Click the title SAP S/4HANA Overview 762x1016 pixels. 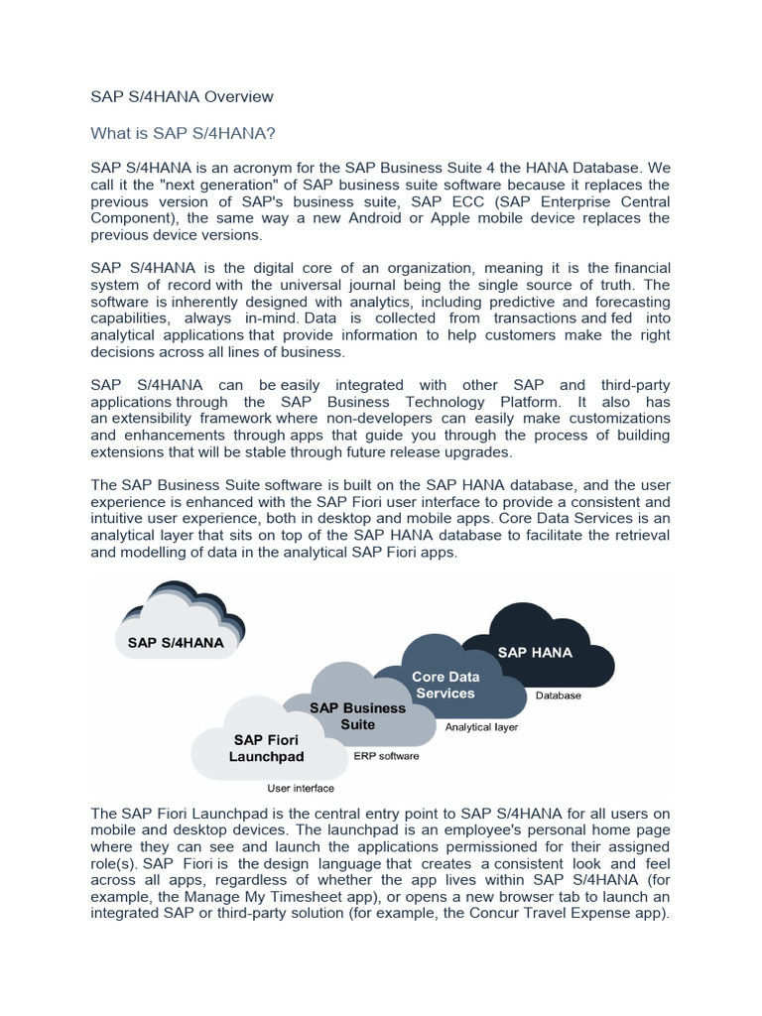pos(182,96)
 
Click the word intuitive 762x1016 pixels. pos(119,519)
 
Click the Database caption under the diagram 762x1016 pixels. pos(559,696)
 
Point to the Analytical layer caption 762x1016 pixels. pos(481,727)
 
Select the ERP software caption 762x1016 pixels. pos(386,756)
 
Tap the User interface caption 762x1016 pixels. pos(301,789)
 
